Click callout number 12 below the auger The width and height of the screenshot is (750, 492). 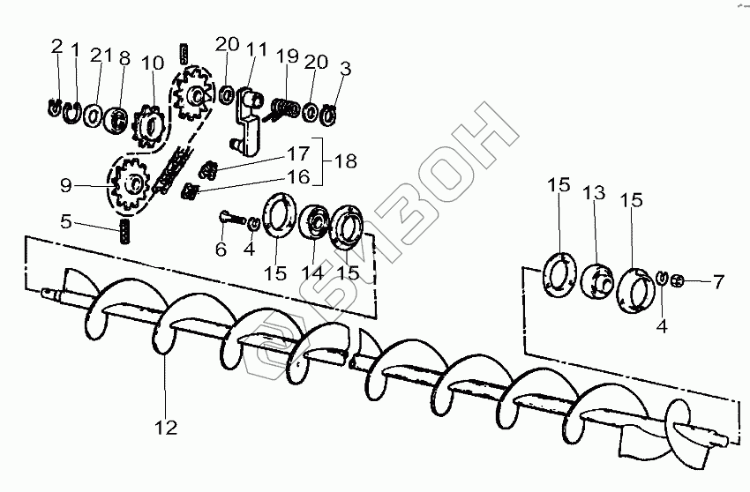[166, 429]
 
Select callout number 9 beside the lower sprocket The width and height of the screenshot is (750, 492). [65, 186]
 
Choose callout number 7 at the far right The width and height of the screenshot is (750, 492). [718, 282]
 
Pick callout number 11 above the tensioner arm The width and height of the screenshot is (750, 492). [257, 48]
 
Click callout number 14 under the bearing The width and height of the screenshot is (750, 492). [313, 272]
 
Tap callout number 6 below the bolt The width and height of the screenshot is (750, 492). [221, 250]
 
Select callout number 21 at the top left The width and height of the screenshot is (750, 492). [102, 56]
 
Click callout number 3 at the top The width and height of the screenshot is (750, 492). [345, 67]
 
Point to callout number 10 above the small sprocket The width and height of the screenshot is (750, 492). [152, 63]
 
